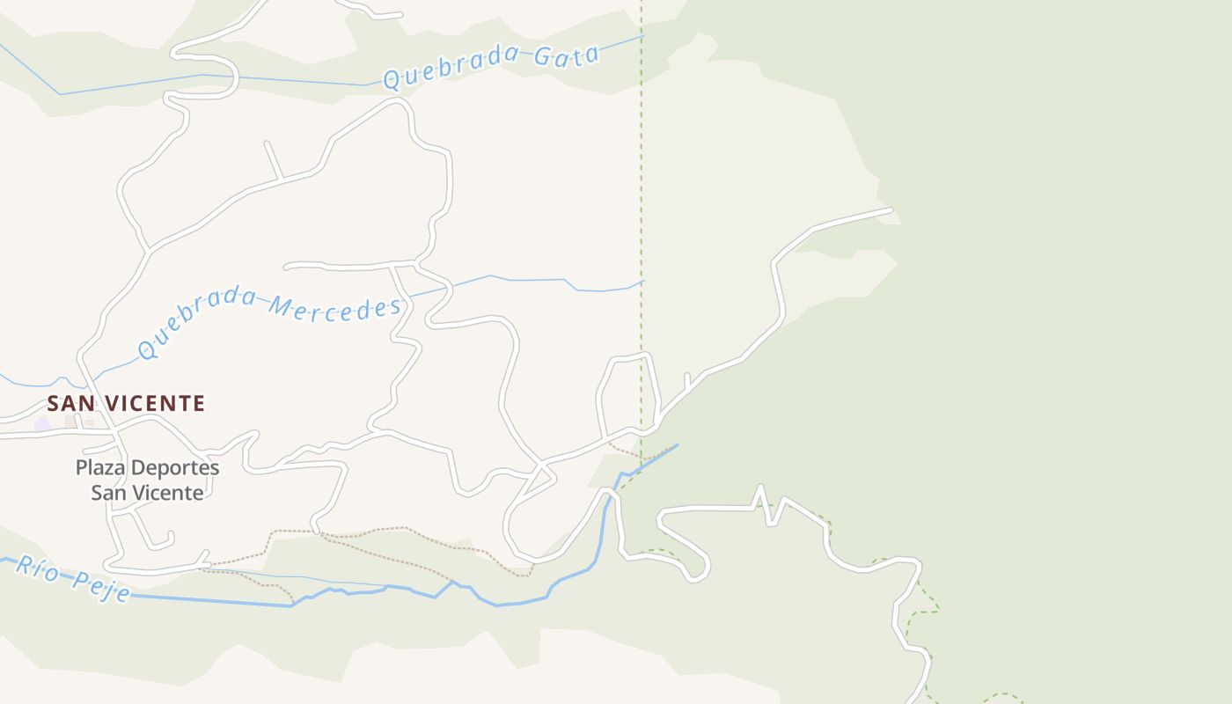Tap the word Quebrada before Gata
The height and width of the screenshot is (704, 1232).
click(453, 68)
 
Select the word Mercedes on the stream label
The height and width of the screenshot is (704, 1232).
click(334, 309)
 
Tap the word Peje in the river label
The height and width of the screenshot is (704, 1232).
click(101, 586)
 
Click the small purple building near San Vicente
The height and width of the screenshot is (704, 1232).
click(42, 425)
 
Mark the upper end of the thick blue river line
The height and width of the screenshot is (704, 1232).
click(677, 446)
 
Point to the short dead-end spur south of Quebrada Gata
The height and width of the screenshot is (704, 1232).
click(267, 143)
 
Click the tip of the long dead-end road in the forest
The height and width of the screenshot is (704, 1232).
click(890, 210)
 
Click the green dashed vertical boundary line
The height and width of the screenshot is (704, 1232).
click(642, 176)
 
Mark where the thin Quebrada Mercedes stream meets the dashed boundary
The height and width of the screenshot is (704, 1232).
click(642, 282)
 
